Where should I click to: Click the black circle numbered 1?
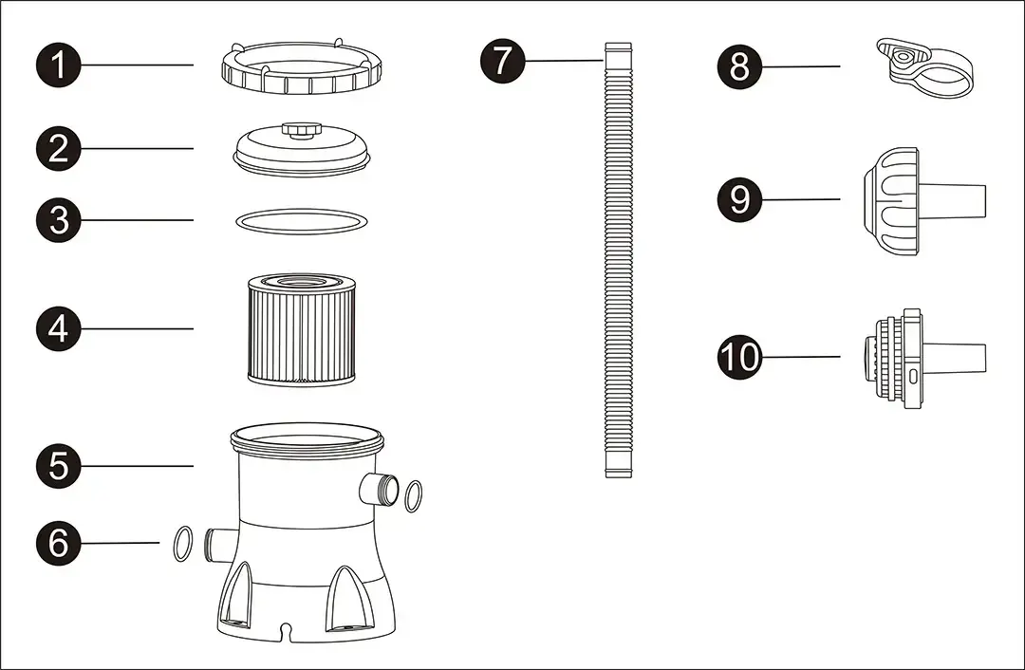coord(59,65)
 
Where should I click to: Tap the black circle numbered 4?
coord(59,328)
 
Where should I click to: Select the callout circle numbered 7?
coord(502,61)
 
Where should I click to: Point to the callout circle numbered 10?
coord(740,357)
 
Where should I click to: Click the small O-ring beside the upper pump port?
coord(413,495)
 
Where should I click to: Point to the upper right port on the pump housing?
coord(379,490)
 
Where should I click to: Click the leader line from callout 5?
coord(138,466)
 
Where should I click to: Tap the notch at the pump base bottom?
coord(285,629)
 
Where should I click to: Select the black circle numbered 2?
coord(59,148)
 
